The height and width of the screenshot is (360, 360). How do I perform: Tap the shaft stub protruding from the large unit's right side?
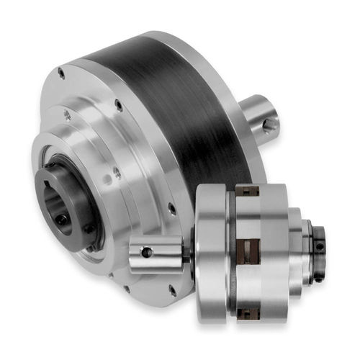pyautogui.click(x=259, y=115)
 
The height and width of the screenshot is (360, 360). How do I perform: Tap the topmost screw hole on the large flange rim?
pyautogui.click(x=62, y=72)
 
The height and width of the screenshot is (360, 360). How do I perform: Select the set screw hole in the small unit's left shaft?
pyautogui.click(x=147, y=252)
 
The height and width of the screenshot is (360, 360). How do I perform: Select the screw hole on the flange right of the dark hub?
pyautogui.click(x=117, y=173)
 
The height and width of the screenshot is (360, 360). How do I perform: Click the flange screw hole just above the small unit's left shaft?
pyautogui.click(x=171, y=209)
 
